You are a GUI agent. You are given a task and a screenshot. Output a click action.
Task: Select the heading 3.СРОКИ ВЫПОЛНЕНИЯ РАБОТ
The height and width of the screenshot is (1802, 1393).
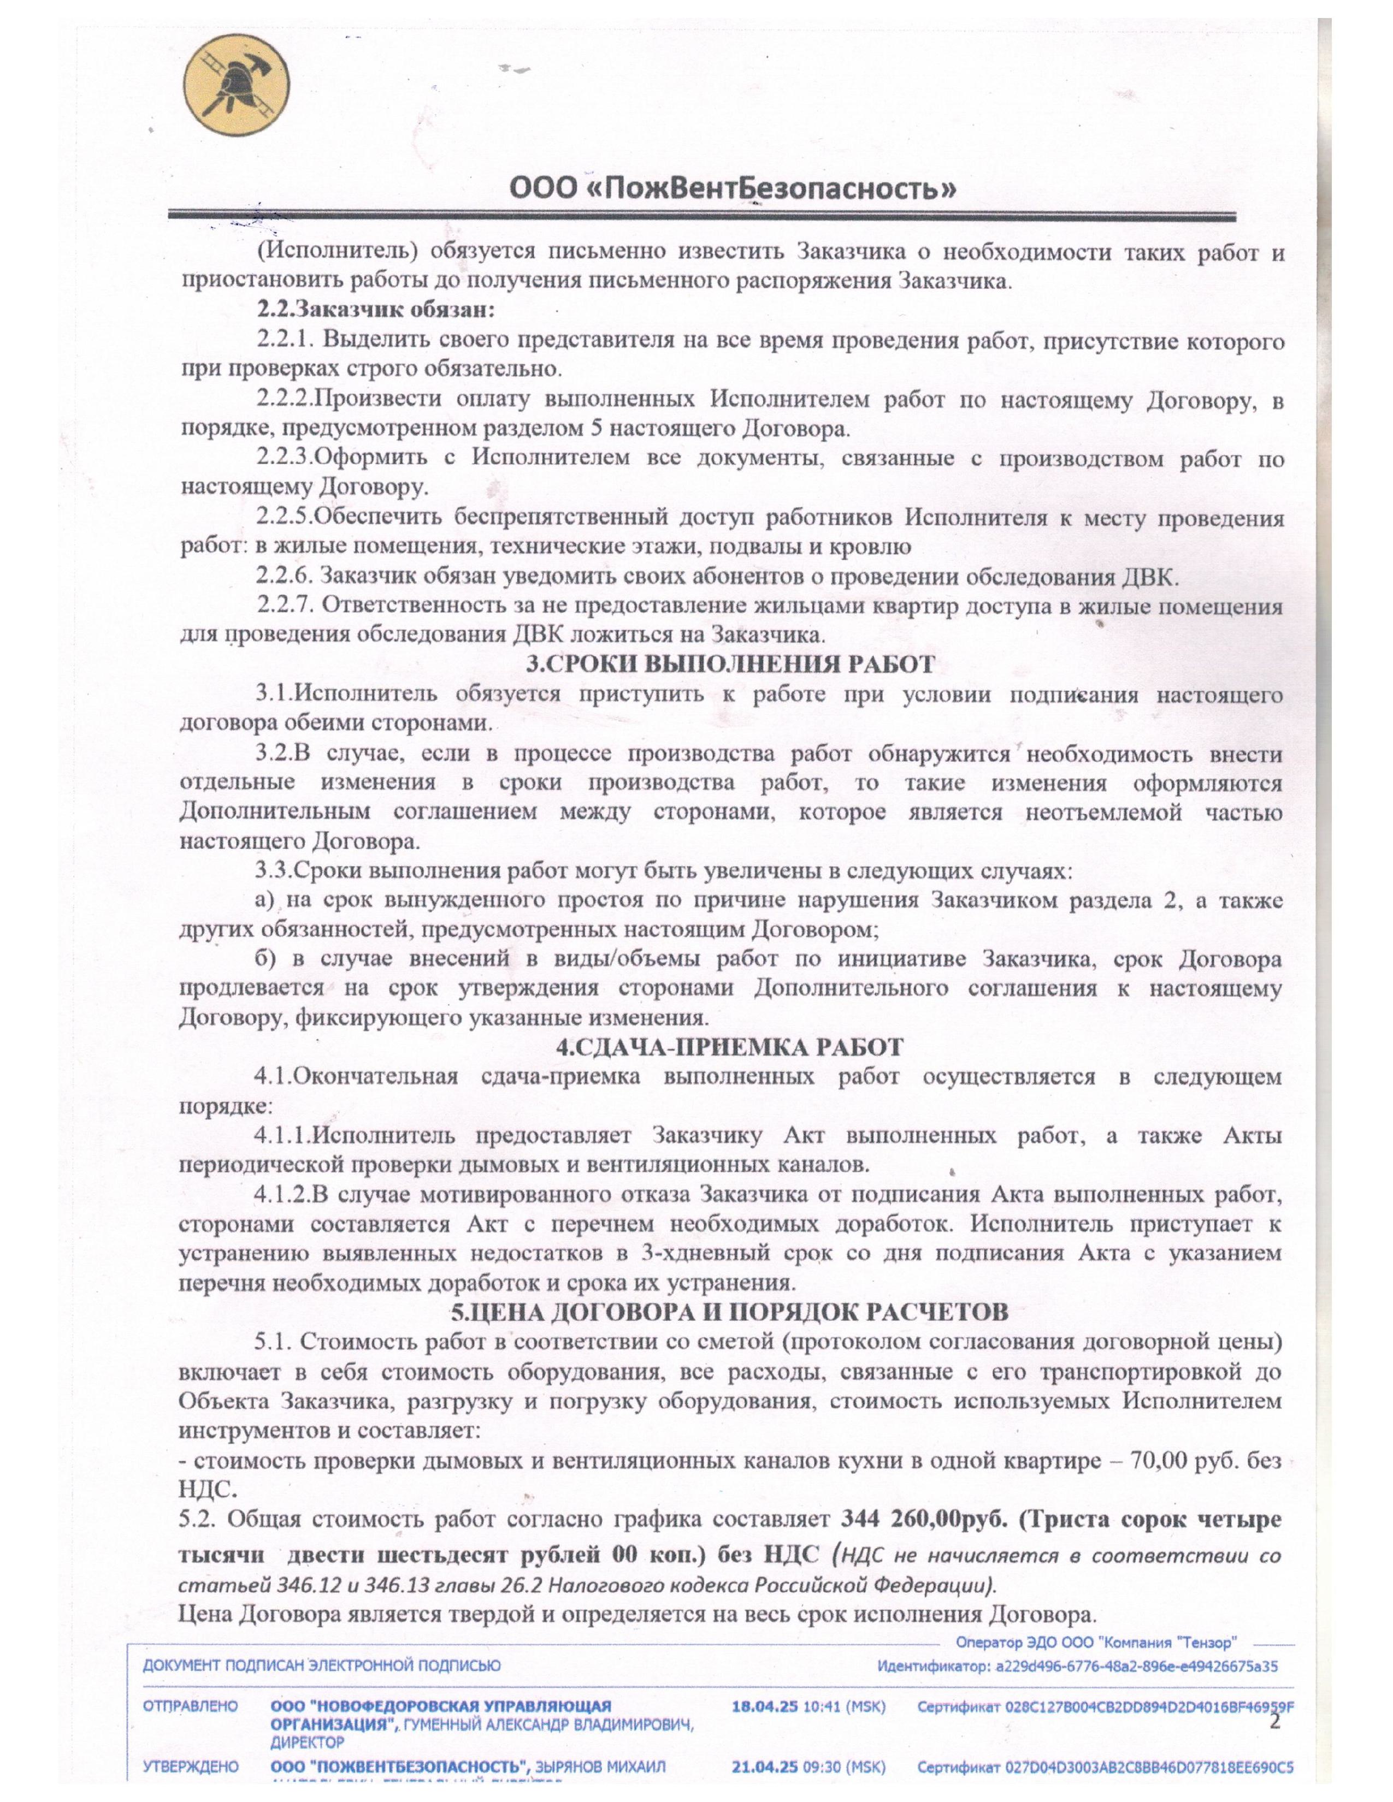(730, 664)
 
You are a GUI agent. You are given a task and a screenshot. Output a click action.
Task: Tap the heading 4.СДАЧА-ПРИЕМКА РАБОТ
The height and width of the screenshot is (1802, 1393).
(730, 1047)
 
